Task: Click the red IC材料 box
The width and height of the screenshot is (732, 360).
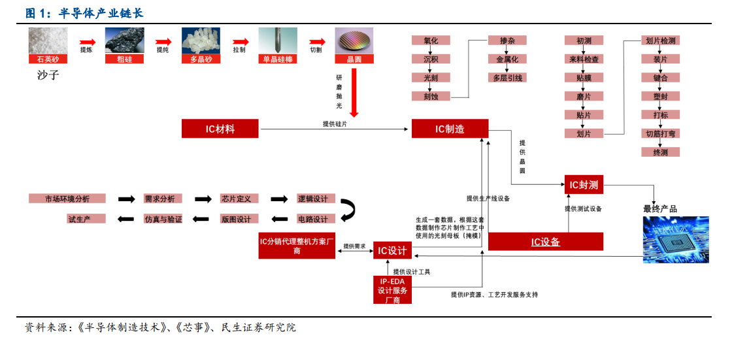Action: pos(220,129)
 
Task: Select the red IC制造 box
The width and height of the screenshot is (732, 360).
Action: pos(450,129)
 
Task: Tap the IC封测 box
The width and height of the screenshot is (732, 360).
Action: pos(584,185)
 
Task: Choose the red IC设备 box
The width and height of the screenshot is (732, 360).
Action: pos(545,242)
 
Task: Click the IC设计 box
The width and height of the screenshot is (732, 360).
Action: pos(393,250)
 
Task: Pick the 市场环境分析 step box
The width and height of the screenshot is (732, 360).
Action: pos(67,199)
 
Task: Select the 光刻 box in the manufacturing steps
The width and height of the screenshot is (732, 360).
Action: pos(431,78)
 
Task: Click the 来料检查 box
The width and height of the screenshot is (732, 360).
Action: pos(584,59)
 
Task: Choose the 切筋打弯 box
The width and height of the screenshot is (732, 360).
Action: pos(660,134)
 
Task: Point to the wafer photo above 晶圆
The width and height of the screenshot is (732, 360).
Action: pos(354,41)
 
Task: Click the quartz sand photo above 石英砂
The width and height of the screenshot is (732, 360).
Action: pos(48,41)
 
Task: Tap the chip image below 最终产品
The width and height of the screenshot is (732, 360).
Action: pos(676,239)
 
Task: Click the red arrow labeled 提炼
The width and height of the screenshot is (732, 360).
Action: pos(86,41)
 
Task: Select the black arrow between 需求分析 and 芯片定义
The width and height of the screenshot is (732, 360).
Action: pos(203,199)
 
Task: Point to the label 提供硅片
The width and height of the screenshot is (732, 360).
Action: pos(335,123)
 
